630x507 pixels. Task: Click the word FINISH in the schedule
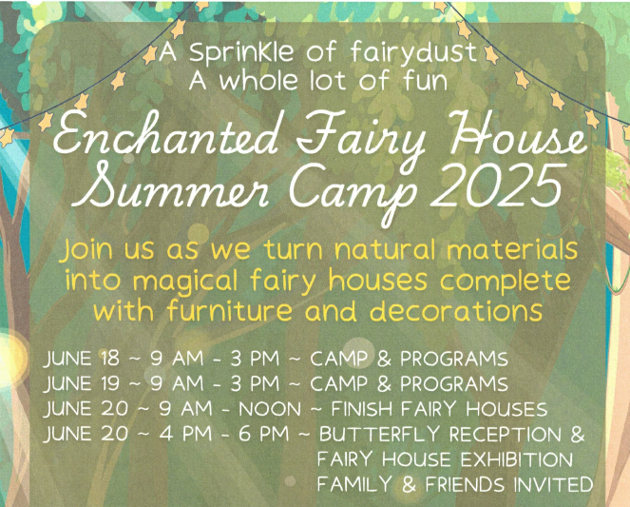[x=354, y=409]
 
